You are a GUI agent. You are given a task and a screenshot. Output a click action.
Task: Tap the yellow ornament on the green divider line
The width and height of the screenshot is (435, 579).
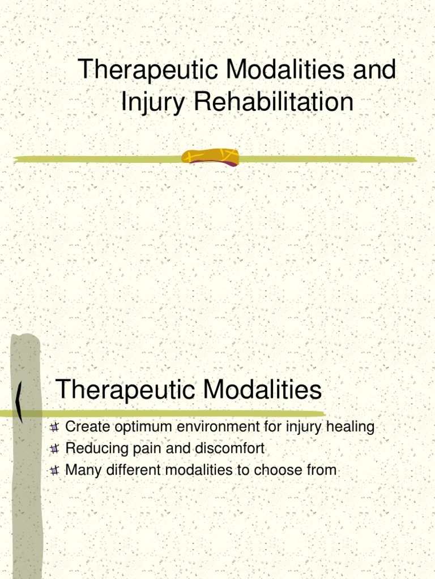pos(210,157)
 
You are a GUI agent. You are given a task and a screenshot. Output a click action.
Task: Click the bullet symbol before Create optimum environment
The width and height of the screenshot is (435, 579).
pos(55,427)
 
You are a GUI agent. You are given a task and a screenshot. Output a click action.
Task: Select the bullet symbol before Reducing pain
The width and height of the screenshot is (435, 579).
pos(55,449)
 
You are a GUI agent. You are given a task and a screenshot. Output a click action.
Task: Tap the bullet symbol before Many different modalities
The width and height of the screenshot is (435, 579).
pos(55,470)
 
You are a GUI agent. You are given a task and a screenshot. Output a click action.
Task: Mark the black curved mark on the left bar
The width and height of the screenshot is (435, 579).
pos(20,402)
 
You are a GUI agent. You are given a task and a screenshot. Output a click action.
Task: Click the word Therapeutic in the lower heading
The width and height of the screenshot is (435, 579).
pos(126,390)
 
